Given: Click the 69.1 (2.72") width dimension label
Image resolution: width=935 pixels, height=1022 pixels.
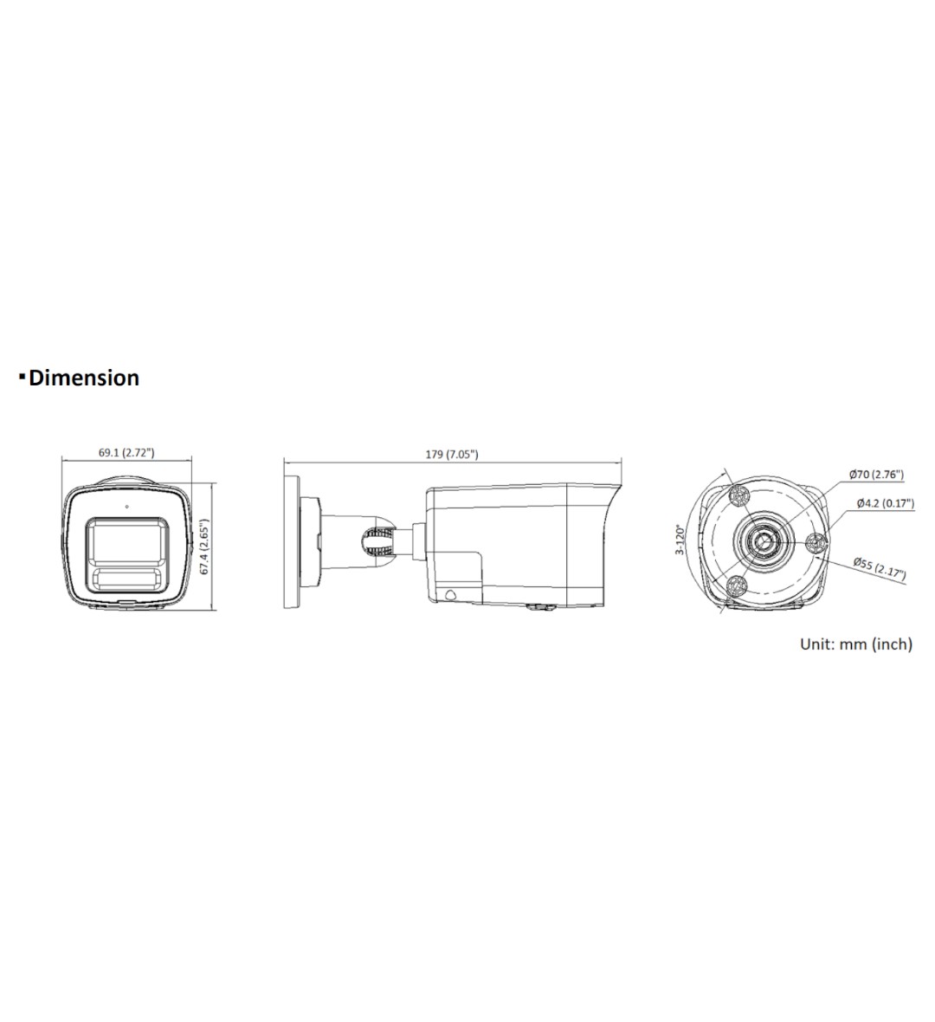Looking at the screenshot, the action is pos(126,452).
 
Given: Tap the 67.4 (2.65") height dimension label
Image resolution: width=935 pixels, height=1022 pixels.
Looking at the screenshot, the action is pos(204,547).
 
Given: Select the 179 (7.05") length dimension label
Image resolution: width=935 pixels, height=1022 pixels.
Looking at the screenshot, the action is pos(452,454).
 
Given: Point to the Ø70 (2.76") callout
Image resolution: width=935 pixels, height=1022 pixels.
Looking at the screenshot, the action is pos(876,474).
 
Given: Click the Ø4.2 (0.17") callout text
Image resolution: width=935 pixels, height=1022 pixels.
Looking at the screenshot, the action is pos(886,502).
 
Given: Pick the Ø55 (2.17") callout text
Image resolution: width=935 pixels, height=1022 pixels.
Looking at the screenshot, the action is pos(880,567).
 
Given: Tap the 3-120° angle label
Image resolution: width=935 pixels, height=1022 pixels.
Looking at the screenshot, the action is pos(680,540).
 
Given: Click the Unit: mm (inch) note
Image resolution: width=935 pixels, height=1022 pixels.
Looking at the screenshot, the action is pos(856,644).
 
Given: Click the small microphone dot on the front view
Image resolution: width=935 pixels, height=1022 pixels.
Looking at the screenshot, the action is pos(126,505).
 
